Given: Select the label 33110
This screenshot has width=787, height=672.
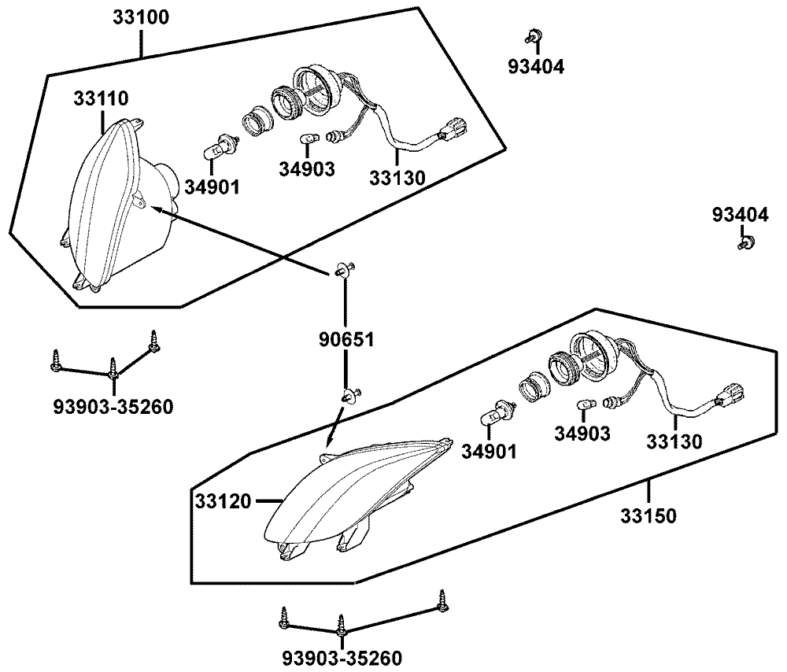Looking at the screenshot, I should click(102, 98).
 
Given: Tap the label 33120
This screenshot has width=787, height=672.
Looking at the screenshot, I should click(223, 500).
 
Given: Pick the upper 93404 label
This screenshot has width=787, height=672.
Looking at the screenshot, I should click(535, 67).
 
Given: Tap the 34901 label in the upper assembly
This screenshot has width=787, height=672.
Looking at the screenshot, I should click(212, 186).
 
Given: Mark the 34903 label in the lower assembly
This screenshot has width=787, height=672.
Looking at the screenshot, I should click(582, 434).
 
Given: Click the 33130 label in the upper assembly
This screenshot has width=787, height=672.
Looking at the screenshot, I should click(397, 179).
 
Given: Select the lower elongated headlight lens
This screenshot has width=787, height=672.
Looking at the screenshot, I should click(346, 496).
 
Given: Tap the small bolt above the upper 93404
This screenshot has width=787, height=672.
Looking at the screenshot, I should click(534, 35).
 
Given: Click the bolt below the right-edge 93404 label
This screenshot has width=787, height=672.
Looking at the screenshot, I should click(745, 242).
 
